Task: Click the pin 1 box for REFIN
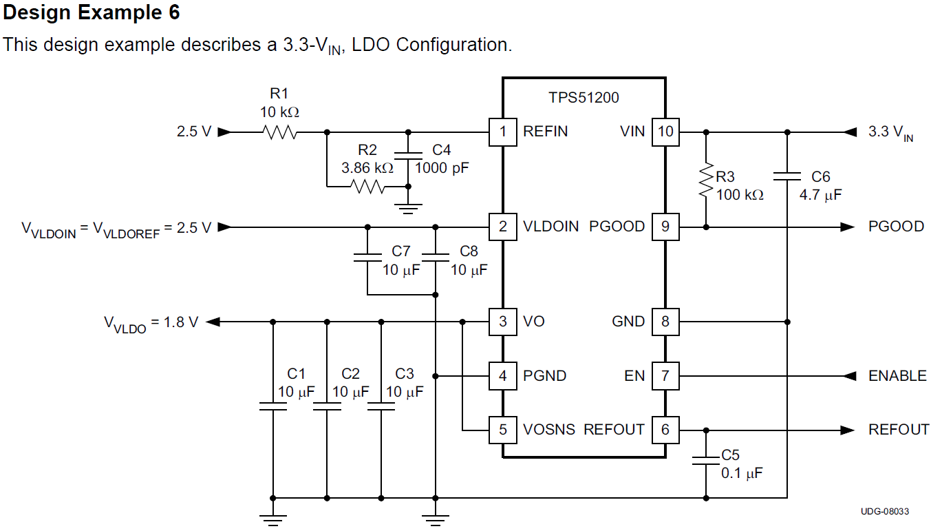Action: click(503, 132)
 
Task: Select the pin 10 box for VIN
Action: click(665, 132)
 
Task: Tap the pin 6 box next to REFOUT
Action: click(665, 430)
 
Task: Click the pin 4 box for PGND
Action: click(503, 376)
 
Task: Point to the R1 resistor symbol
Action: click(279, 132)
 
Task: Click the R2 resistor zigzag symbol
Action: click(367, 186)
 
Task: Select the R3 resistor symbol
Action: click(706, 180)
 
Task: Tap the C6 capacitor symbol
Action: click(787, 176)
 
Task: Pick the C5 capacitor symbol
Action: click(706, 459)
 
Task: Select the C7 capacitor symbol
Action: click(367, 257)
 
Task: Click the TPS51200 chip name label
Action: click(584, 98)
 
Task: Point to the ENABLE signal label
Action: click(897, 376)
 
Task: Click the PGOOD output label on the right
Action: click(896, 227)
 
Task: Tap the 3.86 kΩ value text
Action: click(367, 167)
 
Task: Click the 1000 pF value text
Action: click(442, 167)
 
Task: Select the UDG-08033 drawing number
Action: click(884, 511)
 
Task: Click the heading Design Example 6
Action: click(92, 12)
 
